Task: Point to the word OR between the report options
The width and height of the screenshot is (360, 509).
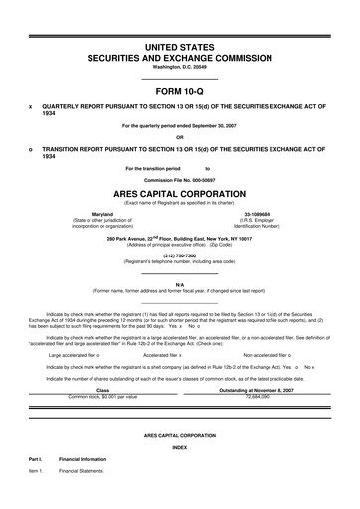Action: click(x=179, y=137)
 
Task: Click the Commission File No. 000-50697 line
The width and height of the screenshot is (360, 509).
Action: click(x=179, y=179)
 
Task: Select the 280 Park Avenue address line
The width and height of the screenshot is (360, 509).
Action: click(x=179, y=239)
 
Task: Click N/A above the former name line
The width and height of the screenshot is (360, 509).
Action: click(x=179, y=284)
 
